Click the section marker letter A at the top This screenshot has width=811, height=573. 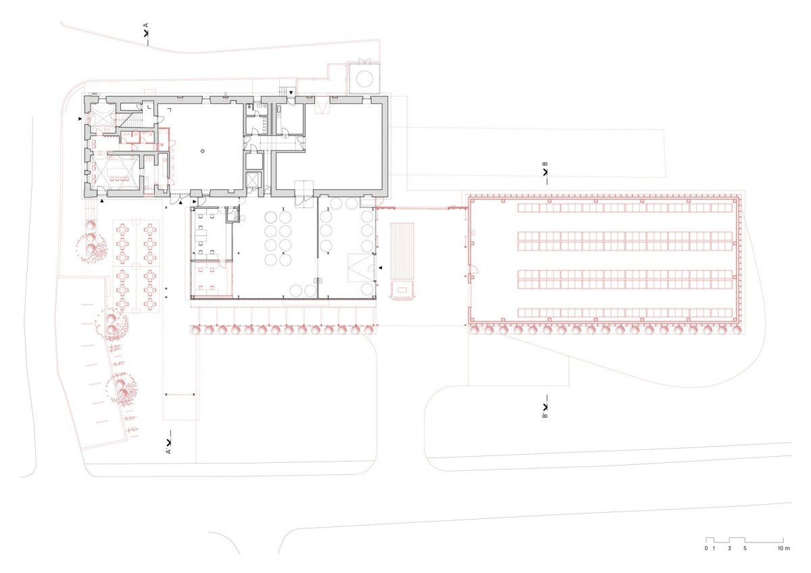click(146, 25)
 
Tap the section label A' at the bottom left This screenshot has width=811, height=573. click(168, 451)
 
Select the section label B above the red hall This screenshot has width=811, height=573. click(545, 164)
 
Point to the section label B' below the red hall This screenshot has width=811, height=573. click(545, 415)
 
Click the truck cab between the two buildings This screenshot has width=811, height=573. click(402, 290)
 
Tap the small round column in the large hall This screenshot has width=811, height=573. click(203, 151)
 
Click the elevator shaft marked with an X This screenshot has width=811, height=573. click(253, 180)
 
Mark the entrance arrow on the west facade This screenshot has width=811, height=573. click(80, 119)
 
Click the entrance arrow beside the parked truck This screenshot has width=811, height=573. click(380, 268)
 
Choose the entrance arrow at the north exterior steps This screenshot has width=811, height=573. click(291, 93)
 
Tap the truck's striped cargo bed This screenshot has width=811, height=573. click(402, 251)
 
